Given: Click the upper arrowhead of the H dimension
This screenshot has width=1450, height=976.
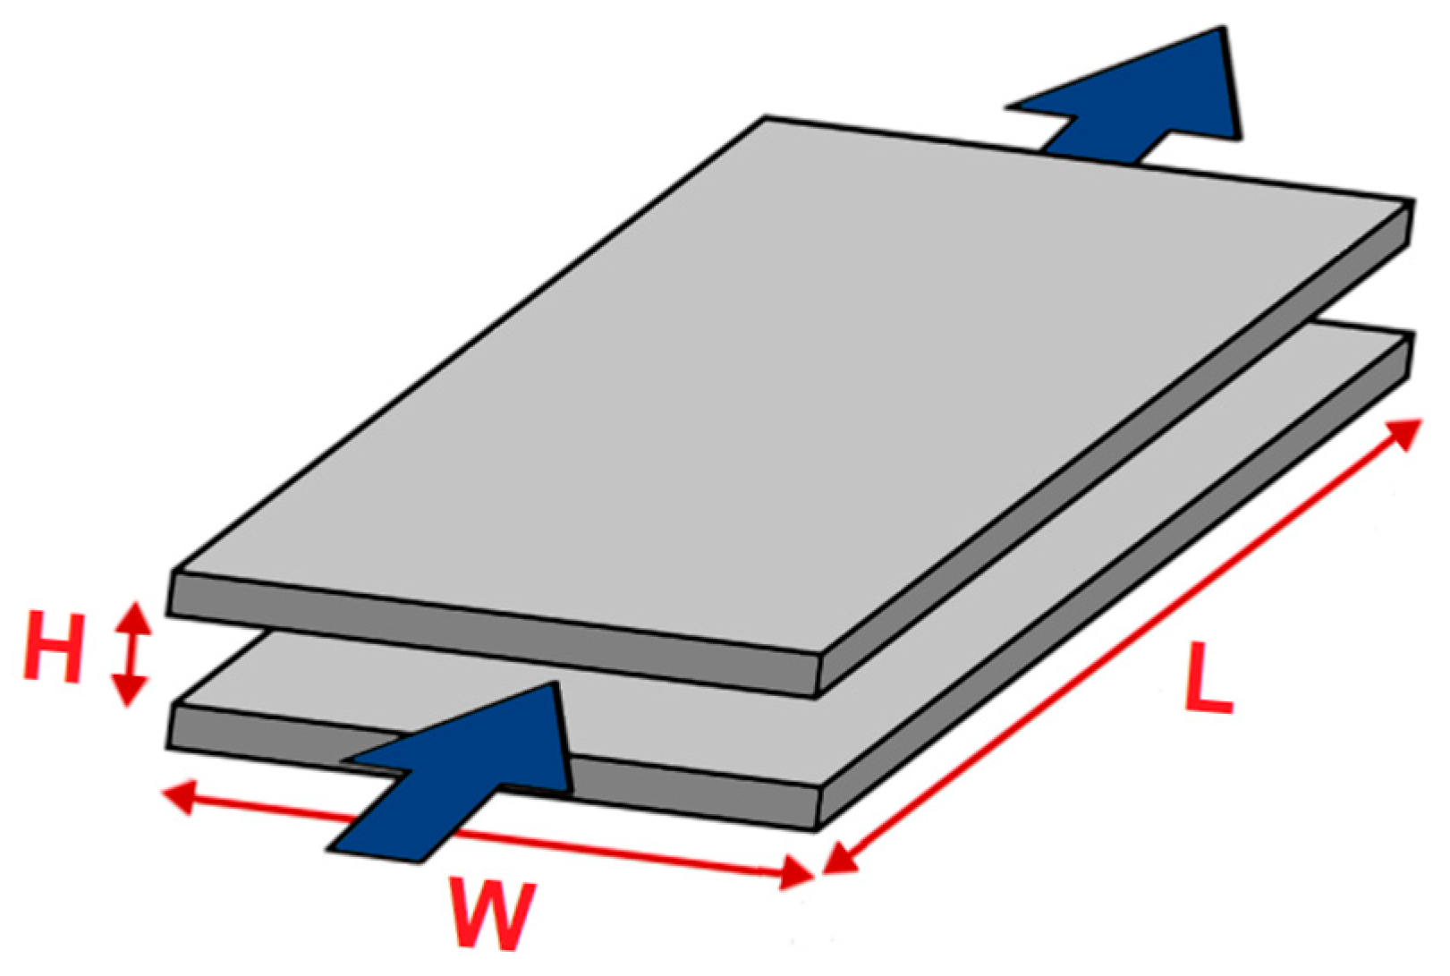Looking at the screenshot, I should tap(133, 615).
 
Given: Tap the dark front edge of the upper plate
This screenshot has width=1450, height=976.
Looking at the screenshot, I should tap(492, 635).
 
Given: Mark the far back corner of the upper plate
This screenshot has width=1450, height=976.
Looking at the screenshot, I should tap(767, 117).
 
